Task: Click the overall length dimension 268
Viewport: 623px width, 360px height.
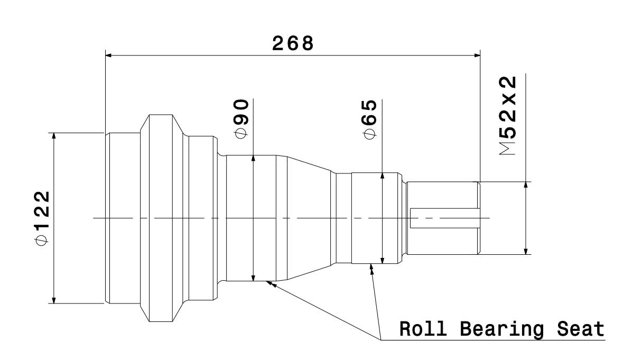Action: [x=293, y=43]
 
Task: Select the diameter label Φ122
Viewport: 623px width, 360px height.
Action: [x=42, y=218]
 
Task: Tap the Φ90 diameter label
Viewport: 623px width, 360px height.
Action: [x=241, y=119]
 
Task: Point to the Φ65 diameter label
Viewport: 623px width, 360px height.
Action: [x=369, y=119]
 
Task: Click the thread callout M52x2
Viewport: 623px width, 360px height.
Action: [x=508, y=115]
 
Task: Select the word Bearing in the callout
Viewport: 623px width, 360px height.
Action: [x=497, y=330]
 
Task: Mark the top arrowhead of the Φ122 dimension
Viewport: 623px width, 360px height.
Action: [x=53, y=136]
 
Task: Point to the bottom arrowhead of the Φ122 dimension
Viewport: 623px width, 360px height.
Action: [x=53, y=300]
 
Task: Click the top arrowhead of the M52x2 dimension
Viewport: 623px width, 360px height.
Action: [x=526, y=186]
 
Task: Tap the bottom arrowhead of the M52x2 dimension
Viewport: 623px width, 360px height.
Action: [x=526, y=251]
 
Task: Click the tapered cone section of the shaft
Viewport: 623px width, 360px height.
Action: [x=306, y=218]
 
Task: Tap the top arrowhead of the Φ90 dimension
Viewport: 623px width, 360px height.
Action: [x=254, y=159]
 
